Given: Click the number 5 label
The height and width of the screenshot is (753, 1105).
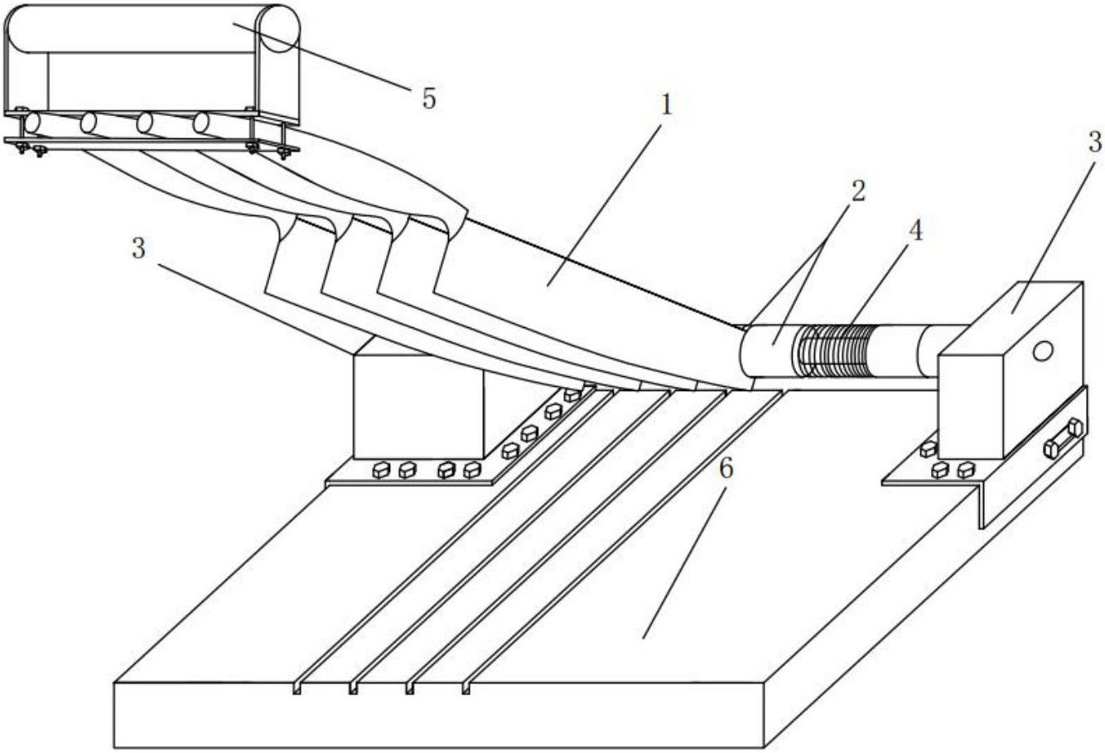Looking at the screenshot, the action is (429, 99).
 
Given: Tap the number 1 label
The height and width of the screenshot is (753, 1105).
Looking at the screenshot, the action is (666, 105).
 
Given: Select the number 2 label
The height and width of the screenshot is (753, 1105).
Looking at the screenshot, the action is (858, 191).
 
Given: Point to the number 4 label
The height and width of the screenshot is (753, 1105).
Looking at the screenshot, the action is (915, 231).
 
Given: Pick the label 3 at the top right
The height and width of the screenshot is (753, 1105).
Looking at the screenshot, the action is (1094, 142).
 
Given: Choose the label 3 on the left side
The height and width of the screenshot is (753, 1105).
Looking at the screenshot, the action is (138, 249).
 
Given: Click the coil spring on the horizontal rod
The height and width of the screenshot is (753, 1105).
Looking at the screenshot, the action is (832, 350).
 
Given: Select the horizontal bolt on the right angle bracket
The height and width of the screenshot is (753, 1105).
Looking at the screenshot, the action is (1064, 438).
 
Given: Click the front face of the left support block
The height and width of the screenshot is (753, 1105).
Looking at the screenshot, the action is (419, 407).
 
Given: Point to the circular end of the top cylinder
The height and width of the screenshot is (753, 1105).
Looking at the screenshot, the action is (280, 29).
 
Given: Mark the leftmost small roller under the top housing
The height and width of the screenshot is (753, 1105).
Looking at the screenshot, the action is (31, 123).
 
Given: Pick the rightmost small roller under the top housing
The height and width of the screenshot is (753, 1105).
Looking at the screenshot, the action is (200, 123).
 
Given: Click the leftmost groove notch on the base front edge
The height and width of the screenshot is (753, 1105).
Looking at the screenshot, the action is (297, 689).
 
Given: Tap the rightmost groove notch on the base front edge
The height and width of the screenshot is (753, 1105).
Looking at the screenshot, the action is (466, 688).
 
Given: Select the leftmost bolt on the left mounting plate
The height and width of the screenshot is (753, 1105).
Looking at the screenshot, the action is (381, 470).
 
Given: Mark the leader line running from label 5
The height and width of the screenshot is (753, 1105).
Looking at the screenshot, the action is (322, 56).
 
